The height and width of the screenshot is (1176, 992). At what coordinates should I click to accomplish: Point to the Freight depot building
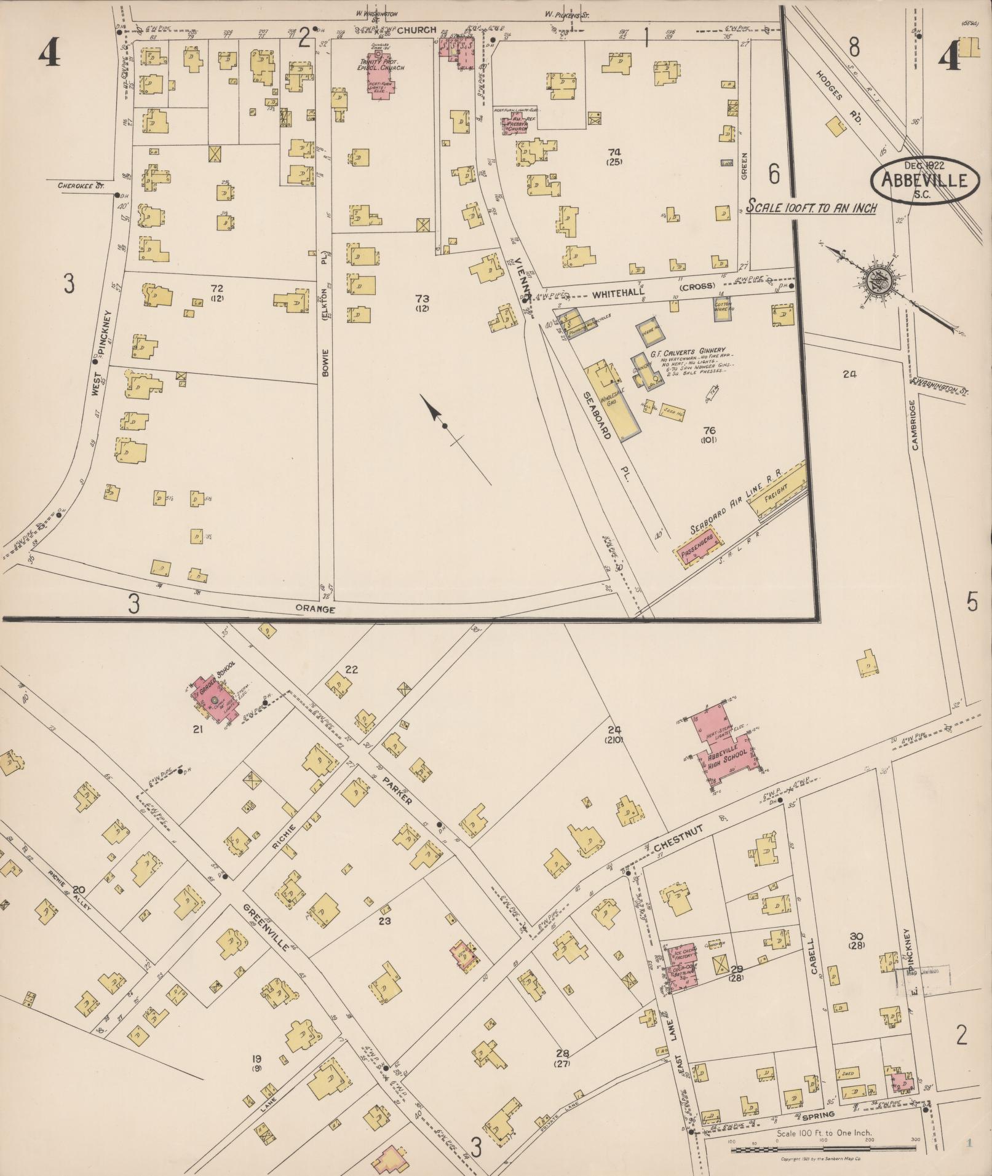pos(776,492)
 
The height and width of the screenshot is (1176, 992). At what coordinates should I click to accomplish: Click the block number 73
pos(422,298)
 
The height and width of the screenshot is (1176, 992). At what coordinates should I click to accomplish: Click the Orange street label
pos(315,609)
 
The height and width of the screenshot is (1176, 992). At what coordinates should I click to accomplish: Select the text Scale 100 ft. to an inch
pos(811,208)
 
